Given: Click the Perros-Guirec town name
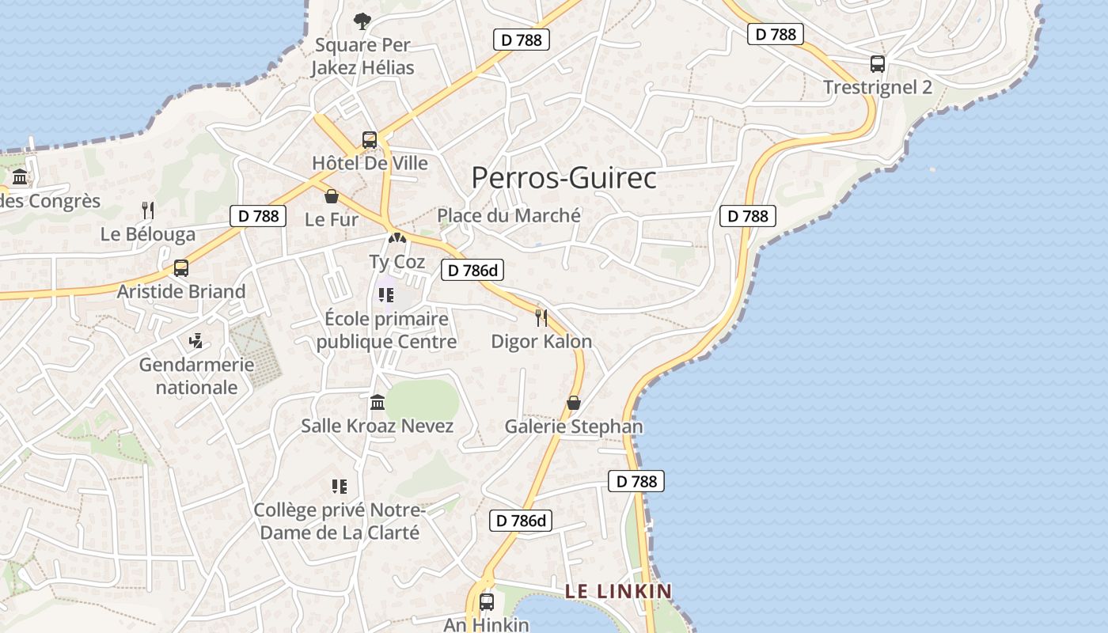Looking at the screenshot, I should [x=563, y=178].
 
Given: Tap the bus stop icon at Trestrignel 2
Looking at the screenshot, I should [x=877, y=64].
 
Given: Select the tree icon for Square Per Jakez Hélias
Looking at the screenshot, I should [x=362, y=21].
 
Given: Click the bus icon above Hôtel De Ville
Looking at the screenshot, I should [x=370, y=140].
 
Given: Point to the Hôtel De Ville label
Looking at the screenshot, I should [x=370, y=164].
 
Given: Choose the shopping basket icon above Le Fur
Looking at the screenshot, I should [x=332, y=196].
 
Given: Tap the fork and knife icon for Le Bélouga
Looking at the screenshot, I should [x=147, y=210].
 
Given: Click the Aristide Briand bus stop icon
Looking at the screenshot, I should [x=181, y=267].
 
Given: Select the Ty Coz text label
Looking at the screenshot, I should [x=397, y=262].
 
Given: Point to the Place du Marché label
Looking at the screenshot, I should [x=509, y=215].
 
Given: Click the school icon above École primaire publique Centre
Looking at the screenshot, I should [x=386, y=295].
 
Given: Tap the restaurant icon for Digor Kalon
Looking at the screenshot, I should [x=541, y=317].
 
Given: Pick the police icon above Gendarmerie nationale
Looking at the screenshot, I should [x=196, y=341].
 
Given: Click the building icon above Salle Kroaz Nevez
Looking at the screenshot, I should [x=378, y=402].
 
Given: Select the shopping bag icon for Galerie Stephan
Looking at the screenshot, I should [x=574, y=403].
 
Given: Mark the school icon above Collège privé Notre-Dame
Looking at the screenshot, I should [x=340, y=486].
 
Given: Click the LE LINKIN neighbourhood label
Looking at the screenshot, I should [x=618, y=591].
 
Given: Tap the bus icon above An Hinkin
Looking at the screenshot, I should [x=486, y=601].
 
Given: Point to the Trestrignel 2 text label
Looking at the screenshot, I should [x=878, y=87].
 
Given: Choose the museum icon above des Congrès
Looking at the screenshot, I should [x=20, y=176].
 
